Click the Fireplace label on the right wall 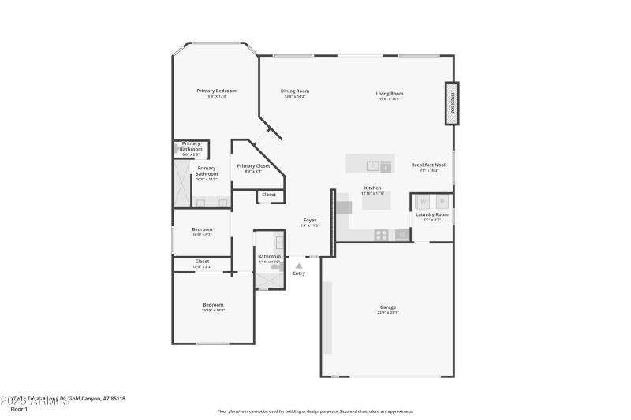(x=453, y=104)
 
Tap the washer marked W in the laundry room (x=421, y=201)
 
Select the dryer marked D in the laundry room (x=442, y=201)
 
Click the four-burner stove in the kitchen (x=381, y=234)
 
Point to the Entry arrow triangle (x=299, y=266)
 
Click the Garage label (x=387, y=307)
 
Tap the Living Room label (x=390, y=94)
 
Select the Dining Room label (x=295, y=91)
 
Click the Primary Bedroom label (x=216, y=91)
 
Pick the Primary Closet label (x=253, y=166)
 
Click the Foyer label (x=310, y=221)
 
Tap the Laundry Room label (x=431, y=214)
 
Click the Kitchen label (x=372, y=188)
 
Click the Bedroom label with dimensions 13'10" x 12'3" (x=213, y=305)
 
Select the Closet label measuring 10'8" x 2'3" (x=202, y=262)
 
